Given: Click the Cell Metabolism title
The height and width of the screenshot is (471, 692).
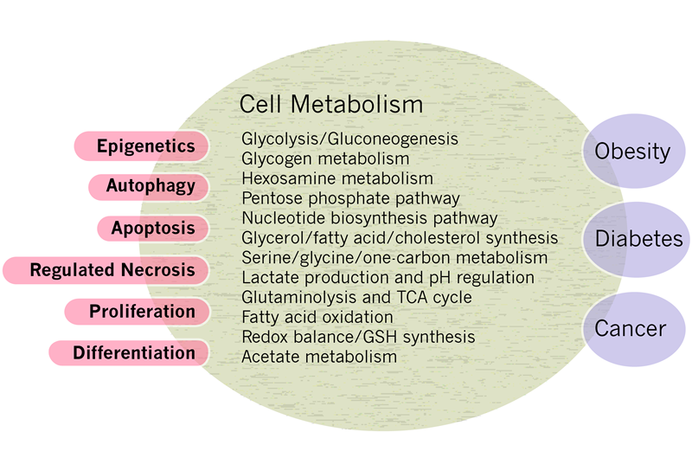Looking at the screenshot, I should point(331,105).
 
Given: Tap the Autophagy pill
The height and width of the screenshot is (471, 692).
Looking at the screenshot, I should point(150,186).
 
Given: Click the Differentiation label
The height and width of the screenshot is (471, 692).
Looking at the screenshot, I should point(132,352).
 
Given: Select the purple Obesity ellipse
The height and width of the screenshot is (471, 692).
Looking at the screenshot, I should point(631,152).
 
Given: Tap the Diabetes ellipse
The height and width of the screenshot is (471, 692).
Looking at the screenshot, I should point(638,239).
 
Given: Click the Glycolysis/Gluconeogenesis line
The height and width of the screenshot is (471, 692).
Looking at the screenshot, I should point(349,139).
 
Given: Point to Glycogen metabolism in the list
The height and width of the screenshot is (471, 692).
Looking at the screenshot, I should point(325,158).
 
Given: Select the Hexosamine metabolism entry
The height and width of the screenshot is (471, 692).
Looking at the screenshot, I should point(337,178).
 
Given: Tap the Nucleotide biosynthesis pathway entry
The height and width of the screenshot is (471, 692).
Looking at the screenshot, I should point(369,217).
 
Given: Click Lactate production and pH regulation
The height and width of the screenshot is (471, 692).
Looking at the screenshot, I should point(388,278).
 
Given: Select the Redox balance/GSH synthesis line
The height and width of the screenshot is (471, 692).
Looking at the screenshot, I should point(358,337).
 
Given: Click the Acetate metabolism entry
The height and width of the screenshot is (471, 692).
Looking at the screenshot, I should point(319,357).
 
